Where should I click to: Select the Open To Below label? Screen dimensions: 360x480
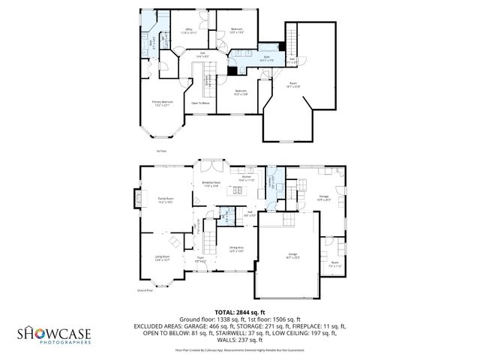click(x=199, y=103)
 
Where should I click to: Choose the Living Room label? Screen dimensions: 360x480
click(x=162, y=259)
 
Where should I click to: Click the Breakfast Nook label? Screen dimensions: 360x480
click(x=211, y=183)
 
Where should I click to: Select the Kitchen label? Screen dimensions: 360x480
click(x=247, y=179)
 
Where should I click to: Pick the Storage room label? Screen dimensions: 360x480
click(x=323, y=198)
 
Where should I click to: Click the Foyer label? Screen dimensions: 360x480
click(x=201, y=259)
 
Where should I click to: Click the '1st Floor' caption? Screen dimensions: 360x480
click(x=160, y=151)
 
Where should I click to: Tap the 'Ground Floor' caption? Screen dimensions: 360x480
click(x=143, y=289)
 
